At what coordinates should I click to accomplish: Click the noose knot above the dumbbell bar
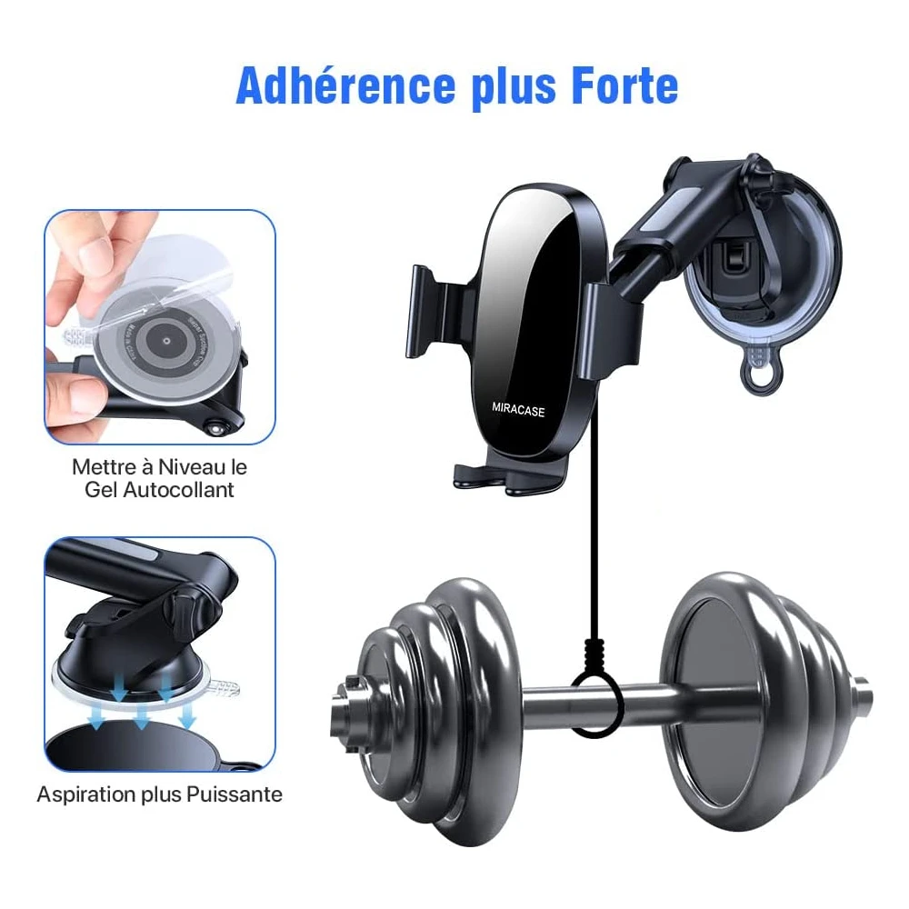(595, 654)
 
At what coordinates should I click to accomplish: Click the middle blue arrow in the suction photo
(144, 717)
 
